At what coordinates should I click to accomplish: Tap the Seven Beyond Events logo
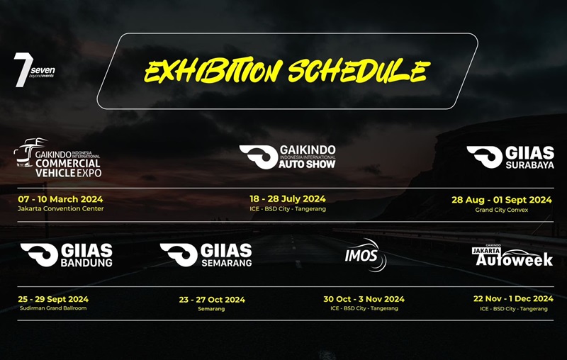click(x=34, y=69)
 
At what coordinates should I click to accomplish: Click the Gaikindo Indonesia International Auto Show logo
click(x=287, y=157)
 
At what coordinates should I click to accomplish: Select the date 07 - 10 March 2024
click(x=60, y=199)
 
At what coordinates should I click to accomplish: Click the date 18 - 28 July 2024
click(x=287, y=199)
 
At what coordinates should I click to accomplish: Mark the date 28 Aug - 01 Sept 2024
click(x=502, y=200)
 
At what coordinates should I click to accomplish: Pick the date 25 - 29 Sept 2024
click(x=53, y=299)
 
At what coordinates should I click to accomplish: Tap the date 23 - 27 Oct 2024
click(x=212, y=300)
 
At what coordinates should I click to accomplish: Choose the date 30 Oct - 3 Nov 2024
click(x=364, y=299)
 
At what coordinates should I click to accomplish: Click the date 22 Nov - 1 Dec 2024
click(x=513, y=299)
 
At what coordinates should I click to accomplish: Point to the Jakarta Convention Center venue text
click(x=61, y=209)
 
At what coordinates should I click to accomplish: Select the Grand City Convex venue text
click(x=502, y=210)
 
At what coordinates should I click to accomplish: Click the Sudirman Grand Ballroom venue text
click(x=53, y=308)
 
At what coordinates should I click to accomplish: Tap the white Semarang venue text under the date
click(x=212, y=309)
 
